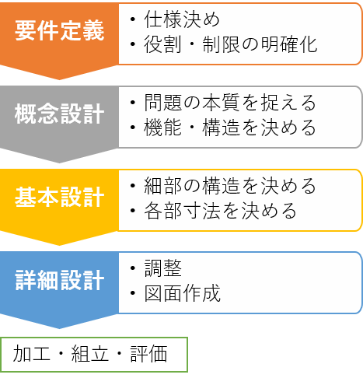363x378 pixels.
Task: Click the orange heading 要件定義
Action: pos(59,30)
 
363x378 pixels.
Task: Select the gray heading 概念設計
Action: pos(59,114)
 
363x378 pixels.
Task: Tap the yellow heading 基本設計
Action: pos(59,197)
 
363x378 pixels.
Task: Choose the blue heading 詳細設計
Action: pos(59,280)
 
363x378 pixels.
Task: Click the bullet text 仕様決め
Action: pos(182,19)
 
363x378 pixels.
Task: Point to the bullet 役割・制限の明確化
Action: pos(231,44)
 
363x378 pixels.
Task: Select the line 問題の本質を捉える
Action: pos(230,103)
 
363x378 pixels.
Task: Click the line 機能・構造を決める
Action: pos(230,128)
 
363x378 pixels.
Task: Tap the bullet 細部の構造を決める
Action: pos(230,185)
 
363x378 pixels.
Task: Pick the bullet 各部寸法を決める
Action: pos(220,210)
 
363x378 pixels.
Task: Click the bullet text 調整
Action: pos(162,268)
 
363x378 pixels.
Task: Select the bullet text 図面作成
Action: pos(182,293)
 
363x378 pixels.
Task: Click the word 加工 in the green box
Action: pos(31,354)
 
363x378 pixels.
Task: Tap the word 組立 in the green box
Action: pos(90,354)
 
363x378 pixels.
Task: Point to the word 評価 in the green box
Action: pos(148,354)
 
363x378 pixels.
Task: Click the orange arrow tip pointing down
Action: pos(59,79)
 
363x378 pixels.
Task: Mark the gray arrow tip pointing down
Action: pos(59,163)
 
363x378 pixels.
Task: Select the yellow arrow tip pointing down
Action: pos(59,245)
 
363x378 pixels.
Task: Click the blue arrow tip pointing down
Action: pos(59,328)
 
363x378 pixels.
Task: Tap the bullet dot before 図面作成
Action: pos(133,293)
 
